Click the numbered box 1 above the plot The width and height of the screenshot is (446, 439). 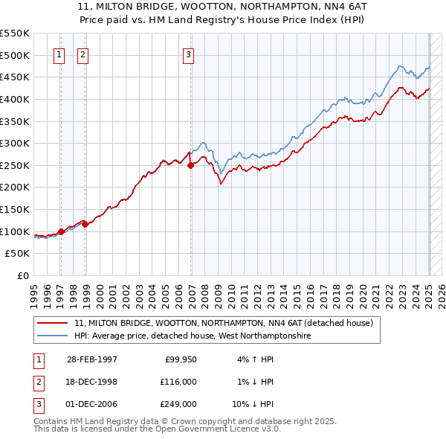(59, 54)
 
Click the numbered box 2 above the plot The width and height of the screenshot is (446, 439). (83, 54)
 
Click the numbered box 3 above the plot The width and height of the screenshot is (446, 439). (188, 54)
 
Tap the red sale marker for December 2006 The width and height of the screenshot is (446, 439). (190, 165)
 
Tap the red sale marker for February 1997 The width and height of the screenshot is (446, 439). (61, 231)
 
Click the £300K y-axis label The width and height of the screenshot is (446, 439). (15, 143)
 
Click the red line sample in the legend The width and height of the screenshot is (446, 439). (54, 323)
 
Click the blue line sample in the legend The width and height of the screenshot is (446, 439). (54, 336)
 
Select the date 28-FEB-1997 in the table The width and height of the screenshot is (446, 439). (92, 359)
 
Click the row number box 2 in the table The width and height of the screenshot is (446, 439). (38, 382)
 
